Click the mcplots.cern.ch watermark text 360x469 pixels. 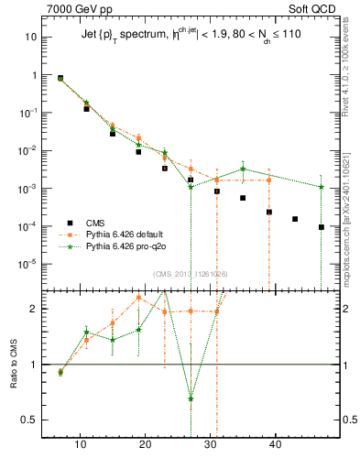coord(347,229)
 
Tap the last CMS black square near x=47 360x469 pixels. coord(322,227)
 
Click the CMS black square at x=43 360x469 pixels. coord(295,219)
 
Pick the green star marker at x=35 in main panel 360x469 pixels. coord(243,169)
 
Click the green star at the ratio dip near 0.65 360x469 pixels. coord(191,398)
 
